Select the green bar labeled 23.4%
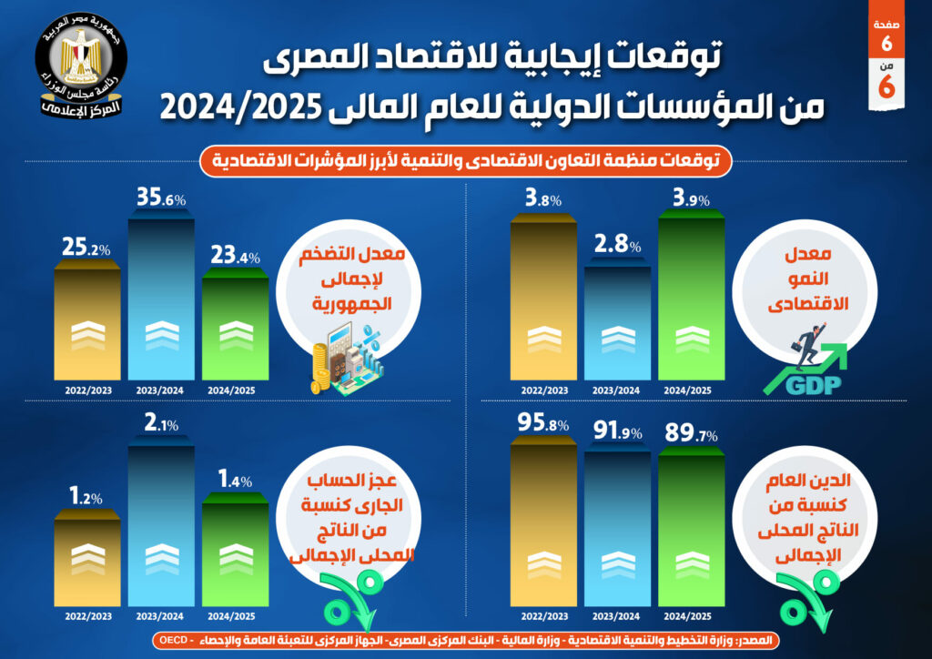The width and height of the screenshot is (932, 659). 235,328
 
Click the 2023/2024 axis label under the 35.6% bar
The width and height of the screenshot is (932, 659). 161,390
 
